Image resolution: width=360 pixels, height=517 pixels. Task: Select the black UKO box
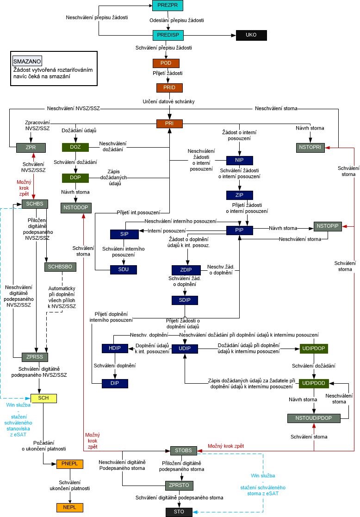pyautogui.click(x=251, y=35)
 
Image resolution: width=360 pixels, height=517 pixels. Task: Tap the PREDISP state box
pyautogui.click(x=168, y=35)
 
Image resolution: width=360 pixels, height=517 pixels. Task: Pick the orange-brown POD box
pyautogui.click(x=166, y=63)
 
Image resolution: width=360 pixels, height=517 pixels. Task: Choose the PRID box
pyautogui.click(x=169, y=87)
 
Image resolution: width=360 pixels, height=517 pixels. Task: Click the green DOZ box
pyautogui.click(x=75, y=148)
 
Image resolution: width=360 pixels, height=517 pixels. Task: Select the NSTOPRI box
pyautogui.click(x=310, y=148)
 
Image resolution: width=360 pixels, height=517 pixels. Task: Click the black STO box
pyautogui.click(x=179, y=512)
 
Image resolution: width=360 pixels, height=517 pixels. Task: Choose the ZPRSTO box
pyautogui.click(x=179, y=486)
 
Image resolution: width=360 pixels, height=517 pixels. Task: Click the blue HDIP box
pyautogui.click(x=115, y=348)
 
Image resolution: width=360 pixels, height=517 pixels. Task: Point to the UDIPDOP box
pyautogui.click(x=315, y=348)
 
